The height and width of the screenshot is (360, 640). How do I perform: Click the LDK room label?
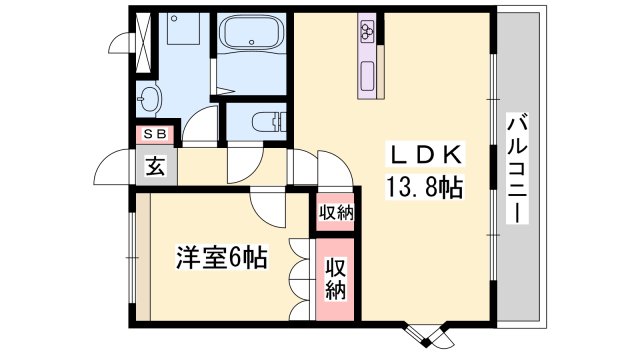click(x=425, y=155)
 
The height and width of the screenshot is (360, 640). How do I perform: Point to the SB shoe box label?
click(x=157, y=133)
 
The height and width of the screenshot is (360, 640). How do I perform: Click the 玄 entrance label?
click(x=157, y=167)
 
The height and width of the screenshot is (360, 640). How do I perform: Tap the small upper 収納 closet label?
click(x=336, y=212)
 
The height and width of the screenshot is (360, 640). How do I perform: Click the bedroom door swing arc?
click(x=267, y=205)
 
